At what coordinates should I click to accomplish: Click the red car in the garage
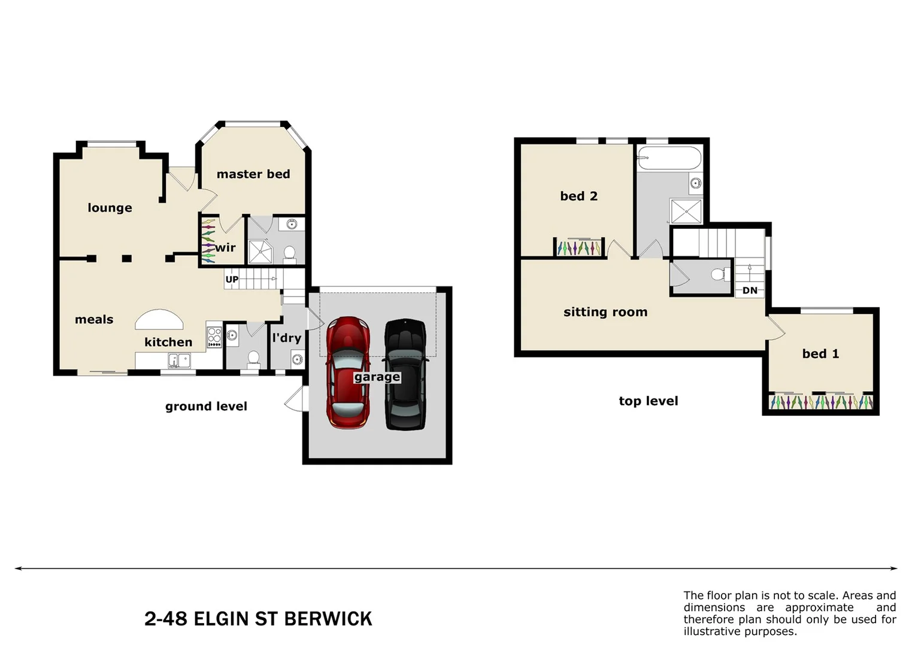coord(347,372)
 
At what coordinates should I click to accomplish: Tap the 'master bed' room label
coord(253,174)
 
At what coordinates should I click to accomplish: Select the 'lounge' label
coord(110,208)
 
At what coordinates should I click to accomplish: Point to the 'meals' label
coord(94,320)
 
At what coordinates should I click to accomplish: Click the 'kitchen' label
coord(168,342)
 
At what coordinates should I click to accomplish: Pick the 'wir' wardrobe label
coord(225,248)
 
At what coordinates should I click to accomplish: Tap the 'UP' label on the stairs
coord(232,280)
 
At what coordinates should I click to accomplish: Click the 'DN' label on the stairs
coord(750,291)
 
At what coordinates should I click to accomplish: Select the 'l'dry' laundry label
coord(286,338)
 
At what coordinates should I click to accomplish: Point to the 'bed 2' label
coord(578,196)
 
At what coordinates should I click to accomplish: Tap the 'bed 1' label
coord(820,354)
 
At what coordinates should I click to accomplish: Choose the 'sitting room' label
coord(605,312)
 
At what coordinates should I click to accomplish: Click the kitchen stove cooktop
coord(214,337)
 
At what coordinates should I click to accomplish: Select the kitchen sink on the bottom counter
coord(178,361)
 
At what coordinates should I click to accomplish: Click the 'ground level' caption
coord(206,407)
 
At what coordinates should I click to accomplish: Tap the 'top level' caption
coord(649,401)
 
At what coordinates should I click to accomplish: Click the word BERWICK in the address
coord(328,619)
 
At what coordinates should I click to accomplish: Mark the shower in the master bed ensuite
coord(260,252)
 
